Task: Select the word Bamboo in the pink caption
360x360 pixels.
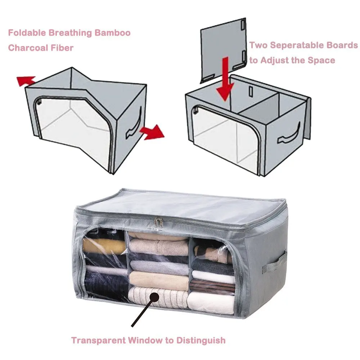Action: click(112, 33)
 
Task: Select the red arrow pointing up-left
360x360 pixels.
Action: click(25, 80)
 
